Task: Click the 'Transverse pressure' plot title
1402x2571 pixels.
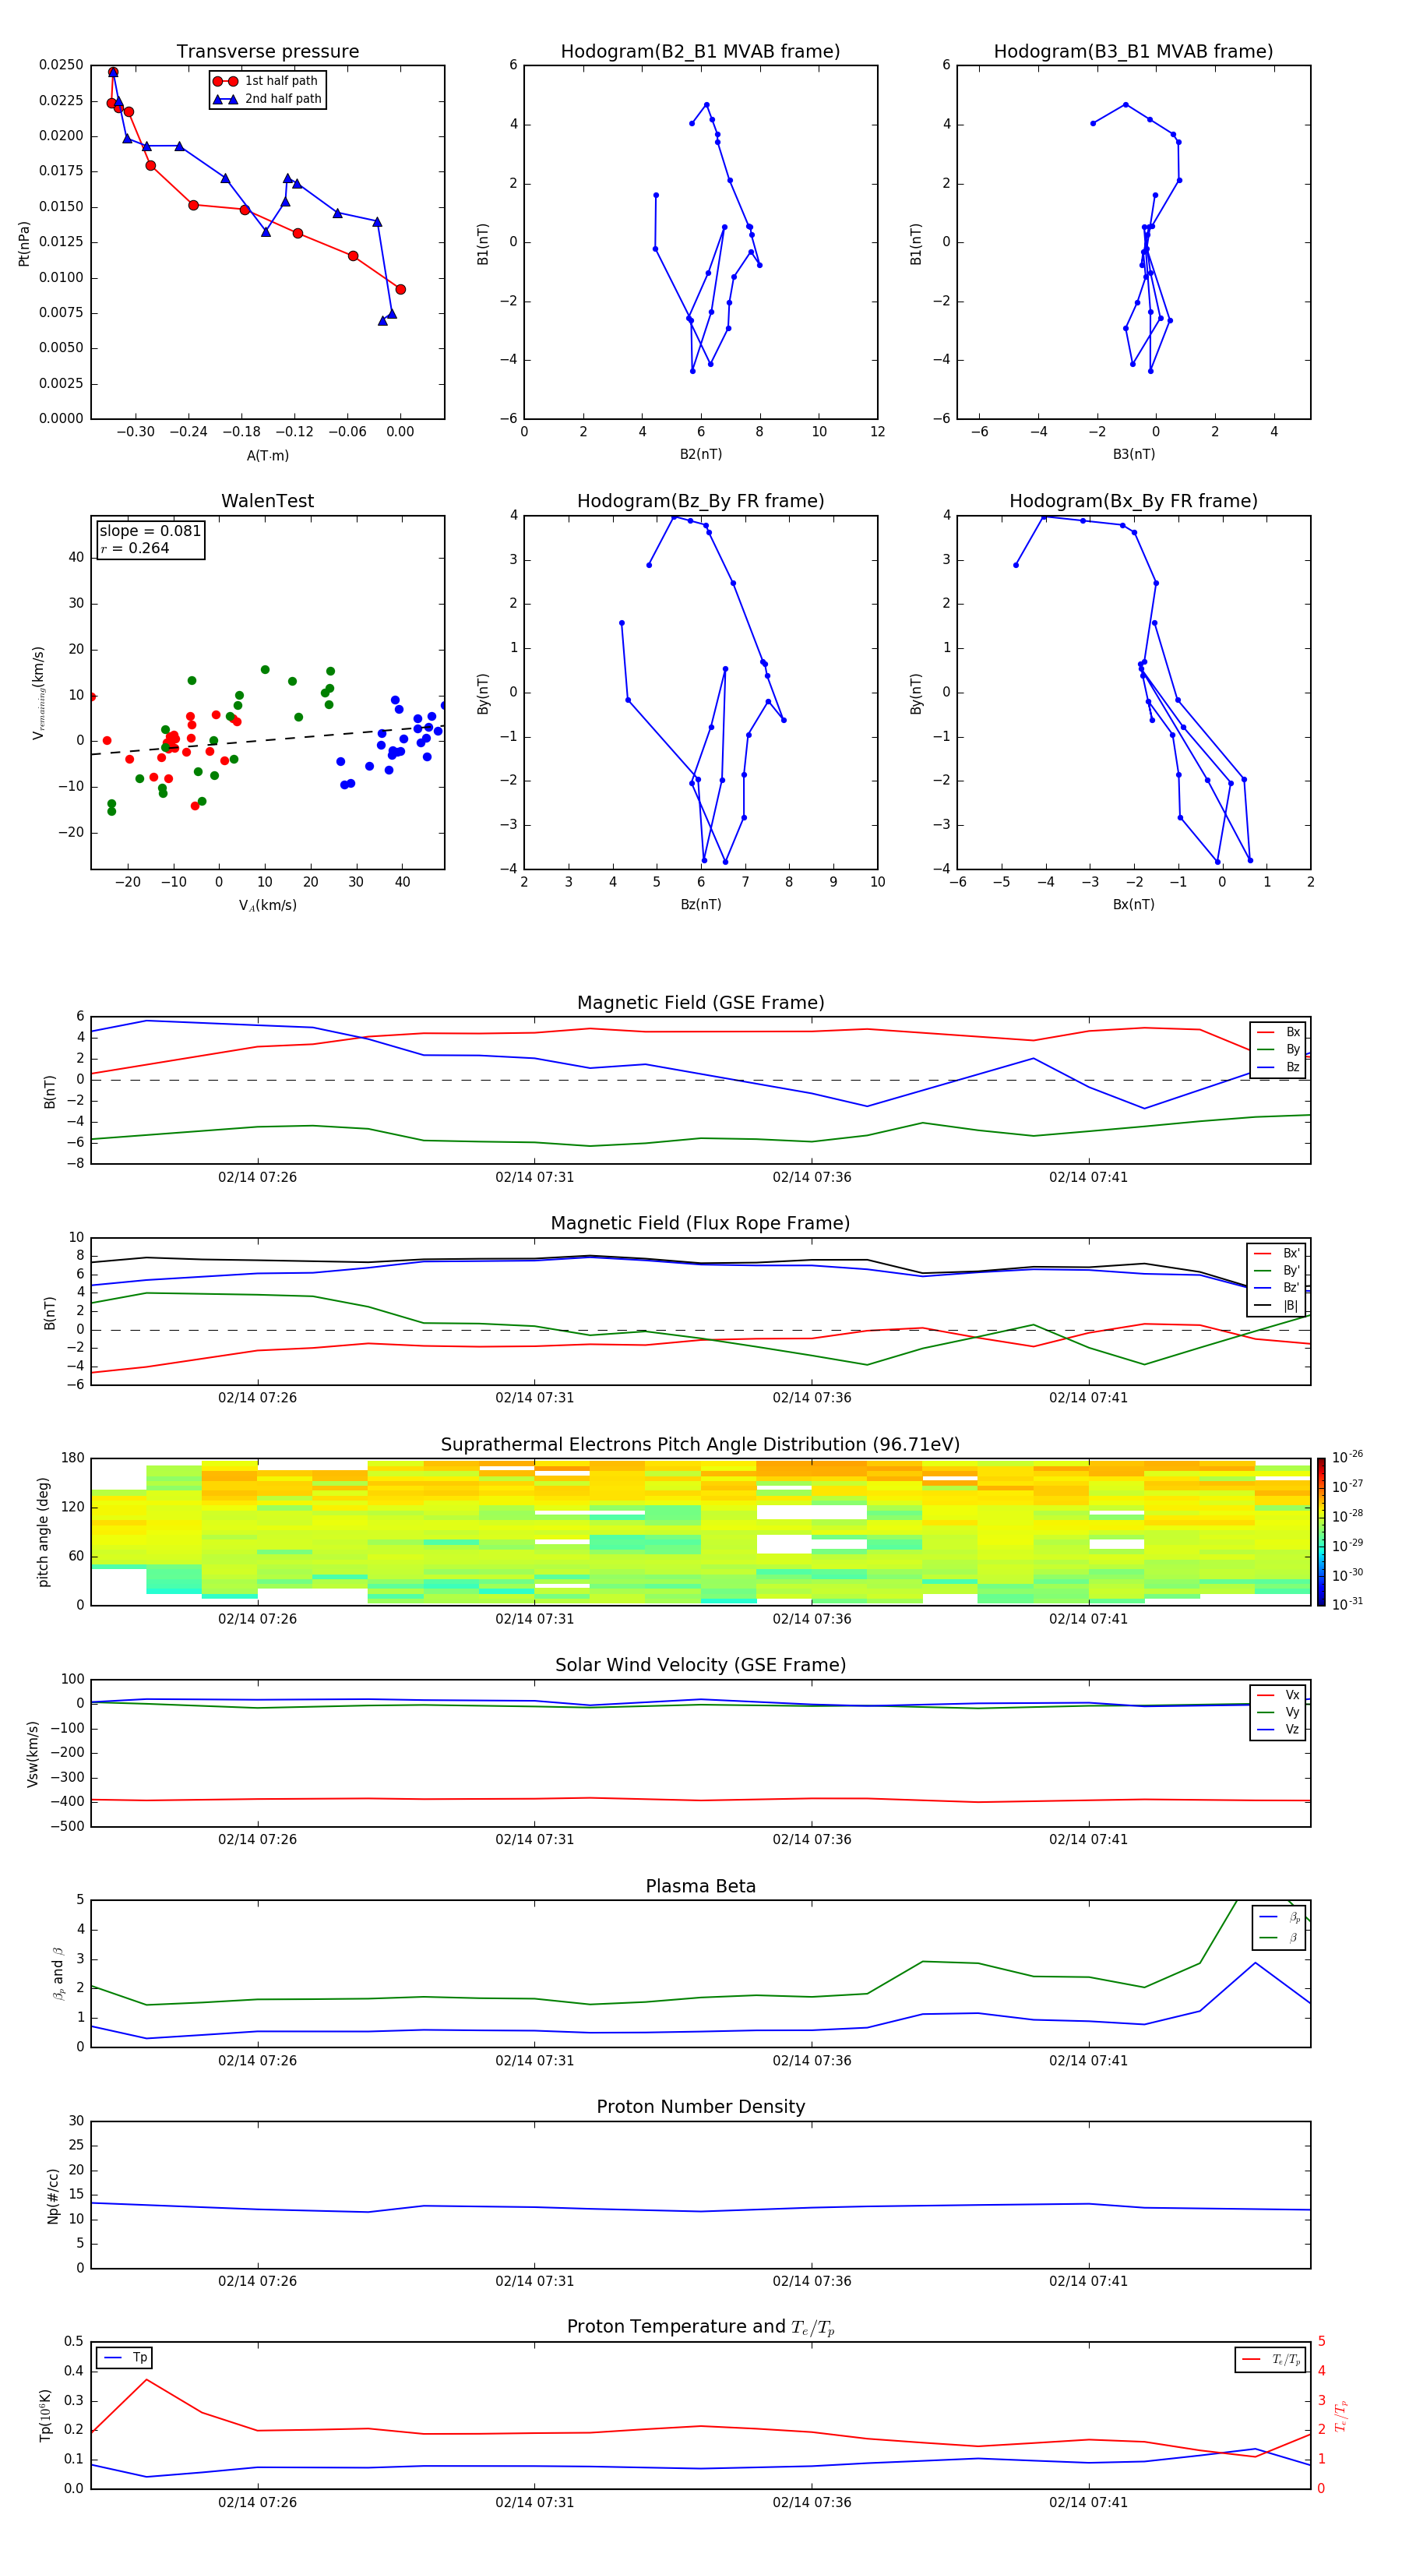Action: pos(267,52)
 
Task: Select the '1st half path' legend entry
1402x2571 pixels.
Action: pos(280,81)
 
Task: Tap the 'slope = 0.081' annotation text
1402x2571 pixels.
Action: pos(150,531)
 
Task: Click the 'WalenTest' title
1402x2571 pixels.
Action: pos(267,501)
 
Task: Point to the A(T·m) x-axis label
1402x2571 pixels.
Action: pos(267,455)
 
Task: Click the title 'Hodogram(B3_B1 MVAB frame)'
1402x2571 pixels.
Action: pos(1133,52)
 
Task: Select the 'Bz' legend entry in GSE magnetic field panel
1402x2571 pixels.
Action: pos(1292,1067)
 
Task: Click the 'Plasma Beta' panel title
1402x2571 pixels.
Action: pos(700,1886)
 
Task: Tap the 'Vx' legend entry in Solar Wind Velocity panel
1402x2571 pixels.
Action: pos(1292,1695)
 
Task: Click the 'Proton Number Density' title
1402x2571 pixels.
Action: pos(700,2107)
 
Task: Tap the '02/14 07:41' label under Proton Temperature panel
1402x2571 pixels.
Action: pos(1087,2502)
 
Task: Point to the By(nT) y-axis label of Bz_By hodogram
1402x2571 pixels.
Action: pos(483,693)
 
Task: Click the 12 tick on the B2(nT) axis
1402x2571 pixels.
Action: pos(877,432)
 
